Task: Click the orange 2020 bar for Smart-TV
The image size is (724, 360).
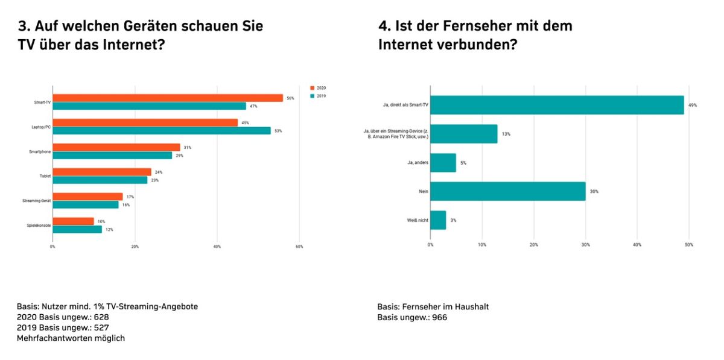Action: [x=168, y=98]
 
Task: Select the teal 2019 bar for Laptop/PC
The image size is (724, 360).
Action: [x=162, y=131]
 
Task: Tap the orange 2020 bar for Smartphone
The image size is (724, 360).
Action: [x=116, y=147]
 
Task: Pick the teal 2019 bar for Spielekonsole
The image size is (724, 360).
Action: [x=77, y=229]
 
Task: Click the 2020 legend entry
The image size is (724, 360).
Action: [x=318, y=88]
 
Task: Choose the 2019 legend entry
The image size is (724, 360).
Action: [x=318, y=96]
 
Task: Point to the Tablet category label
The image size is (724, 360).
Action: [x=45, y=176]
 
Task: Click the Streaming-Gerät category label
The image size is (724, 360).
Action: [x=37, y=201]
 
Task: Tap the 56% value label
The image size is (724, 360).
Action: [x=291, y=98]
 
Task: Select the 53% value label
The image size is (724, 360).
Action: [x=278, y=131]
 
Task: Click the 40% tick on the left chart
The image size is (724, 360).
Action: [x=217, y=247]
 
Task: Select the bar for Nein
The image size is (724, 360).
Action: [x=508, y=191]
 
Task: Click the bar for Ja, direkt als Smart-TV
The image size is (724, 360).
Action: [x=557, y=105]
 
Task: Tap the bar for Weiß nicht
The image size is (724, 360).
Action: [x=438, y=220]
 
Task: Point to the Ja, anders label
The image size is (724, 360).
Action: [x=418, y=163]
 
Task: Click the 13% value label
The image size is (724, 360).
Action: [x=506, y=134]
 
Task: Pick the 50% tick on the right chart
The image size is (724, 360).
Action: [x=689, y=245]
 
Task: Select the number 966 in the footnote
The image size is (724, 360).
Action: [x=440, y=317]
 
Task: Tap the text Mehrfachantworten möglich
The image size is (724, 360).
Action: [x=71, y=338]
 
